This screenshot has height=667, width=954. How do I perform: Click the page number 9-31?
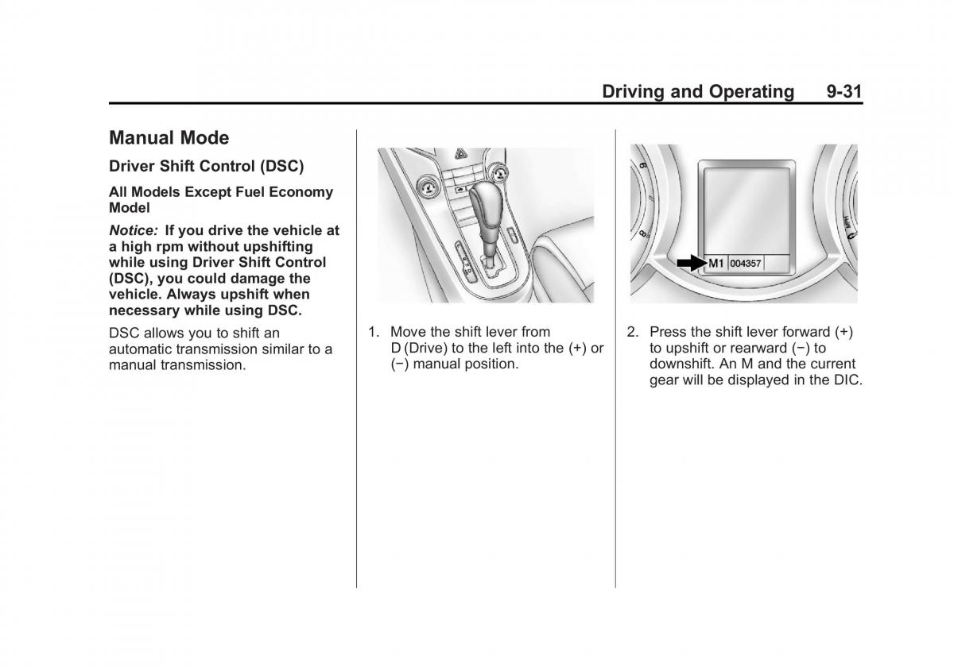pos(843,91)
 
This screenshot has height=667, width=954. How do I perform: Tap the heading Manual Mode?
pos(169,138)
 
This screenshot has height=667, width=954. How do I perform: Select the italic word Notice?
pos(132,230)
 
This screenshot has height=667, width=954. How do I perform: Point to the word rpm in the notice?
pos(155,246)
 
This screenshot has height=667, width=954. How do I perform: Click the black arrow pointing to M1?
pos(688,263)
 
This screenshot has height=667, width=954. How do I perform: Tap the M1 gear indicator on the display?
pos(716,263)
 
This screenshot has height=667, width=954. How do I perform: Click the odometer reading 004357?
pos(746,264)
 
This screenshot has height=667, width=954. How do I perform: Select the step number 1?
pos(372,332)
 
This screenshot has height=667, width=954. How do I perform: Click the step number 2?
pos(632,332)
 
